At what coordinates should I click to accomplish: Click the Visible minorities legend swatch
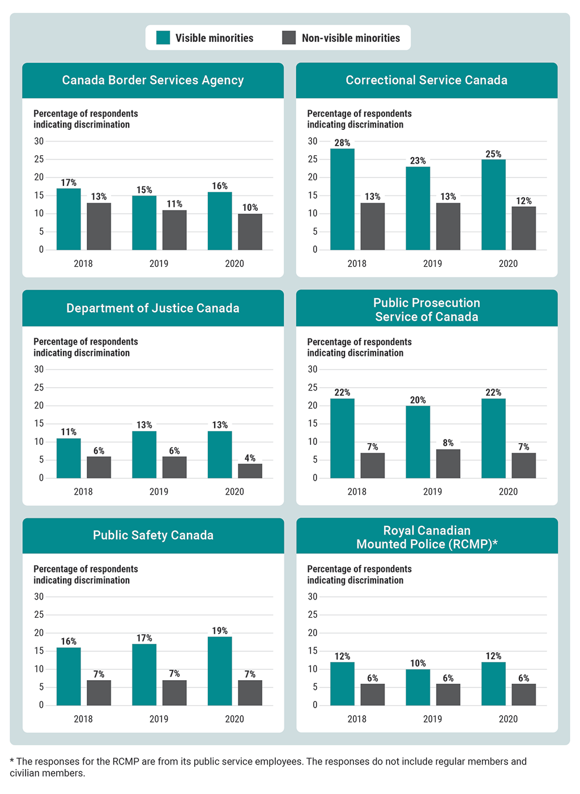point(163,38)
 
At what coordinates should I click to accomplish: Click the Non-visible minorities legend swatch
point(289,38)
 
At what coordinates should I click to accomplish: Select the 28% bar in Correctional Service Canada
point(342,199)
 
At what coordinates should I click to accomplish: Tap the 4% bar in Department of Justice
point(250,471)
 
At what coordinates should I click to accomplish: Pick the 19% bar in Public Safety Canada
point(220,671)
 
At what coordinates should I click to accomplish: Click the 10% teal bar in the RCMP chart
point(418,687)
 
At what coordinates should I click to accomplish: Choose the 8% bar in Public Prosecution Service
point(448,464)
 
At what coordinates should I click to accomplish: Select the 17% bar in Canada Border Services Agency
point(69,219)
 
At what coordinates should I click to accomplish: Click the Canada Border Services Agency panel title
point(153,80)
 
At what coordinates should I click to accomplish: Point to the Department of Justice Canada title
point(153,308)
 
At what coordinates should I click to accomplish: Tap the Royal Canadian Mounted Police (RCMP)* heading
point(427,537)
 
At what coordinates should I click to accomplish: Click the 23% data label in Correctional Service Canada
point(418,161)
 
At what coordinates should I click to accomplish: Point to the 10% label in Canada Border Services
point(250,208)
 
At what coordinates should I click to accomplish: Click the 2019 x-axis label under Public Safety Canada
point(159,719)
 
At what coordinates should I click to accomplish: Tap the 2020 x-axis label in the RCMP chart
point(508,719)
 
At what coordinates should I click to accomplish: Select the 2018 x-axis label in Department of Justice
point(83,492)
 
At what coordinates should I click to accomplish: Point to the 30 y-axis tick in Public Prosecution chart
point(313,370)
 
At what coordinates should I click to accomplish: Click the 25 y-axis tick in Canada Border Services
point(39,159)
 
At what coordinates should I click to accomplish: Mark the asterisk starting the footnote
point(12,761)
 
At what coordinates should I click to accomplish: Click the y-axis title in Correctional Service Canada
point(359,119)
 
